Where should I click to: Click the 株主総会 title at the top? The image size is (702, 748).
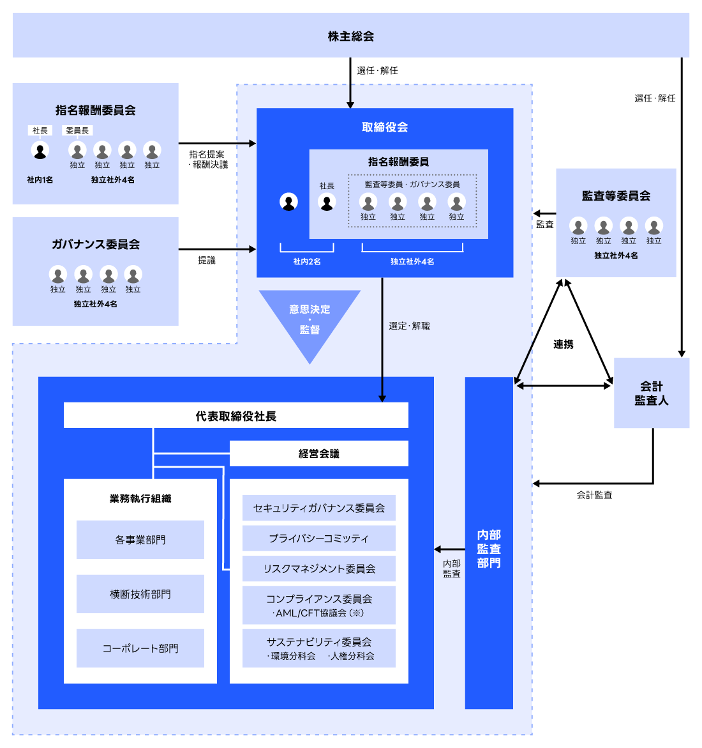point(350,36)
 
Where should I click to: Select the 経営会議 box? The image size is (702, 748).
point(318,454)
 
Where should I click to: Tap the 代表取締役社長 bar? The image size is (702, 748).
point(235,416)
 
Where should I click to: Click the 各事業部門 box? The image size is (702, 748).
point(140,540)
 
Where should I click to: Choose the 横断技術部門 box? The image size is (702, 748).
point(140,594)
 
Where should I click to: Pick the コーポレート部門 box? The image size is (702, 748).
point(140,648)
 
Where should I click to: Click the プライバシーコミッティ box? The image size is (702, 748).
point(318,538)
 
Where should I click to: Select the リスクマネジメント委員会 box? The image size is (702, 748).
point(318,569)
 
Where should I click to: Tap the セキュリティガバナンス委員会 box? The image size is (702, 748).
point(318,508)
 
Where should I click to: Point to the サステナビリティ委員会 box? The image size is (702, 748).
point(318,648)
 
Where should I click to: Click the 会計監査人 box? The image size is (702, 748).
point(651,393)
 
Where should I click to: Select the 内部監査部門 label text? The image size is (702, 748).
point(489,549)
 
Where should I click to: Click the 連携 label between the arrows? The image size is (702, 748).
point(563,344)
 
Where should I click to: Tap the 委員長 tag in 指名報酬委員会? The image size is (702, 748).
point(77,130)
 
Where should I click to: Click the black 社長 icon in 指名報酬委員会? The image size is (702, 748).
point(40,151)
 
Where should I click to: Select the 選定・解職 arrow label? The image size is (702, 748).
point(409,326)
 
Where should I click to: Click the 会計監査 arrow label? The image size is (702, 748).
point(594,495)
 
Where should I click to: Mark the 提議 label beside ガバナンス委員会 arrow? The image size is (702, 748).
point(206,260)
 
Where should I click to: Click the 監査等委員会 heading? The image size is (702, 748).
point(616,196)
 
